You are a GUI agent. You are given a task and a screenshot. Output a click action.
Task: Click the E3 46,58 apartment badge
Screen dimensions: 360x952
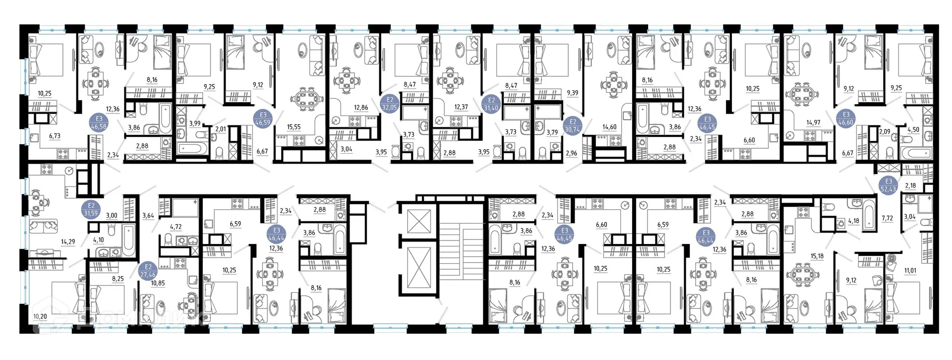pos(99,122)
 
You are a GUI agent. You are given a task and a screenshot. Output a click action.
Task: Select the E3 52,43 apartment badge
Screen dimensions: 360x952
pos(888,185)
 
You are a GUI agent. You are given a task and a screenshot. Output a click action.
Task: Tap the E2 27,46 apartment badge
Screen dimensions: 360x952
pos(148,271)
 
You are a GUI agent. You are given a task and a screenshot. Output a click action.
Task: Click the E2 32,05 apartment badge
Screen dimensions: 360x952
pos(389,104)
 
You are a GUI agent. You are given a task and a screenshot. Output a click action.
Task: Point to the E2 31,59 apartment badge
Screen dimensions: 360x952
pos(91,209)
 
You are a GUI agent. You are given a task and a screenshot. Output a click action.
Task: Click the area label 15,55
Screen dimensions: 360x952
pos(294,127)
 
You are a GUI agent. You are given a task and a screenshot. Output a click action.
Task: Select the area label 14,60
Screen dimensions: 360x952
pos(609,127)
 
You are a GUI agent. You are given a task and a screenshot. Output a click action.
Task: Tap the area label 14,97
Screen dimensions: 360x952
pos(813,122)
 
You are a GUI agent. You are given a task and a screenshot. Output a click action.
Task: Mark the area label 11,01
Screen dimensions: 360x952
pos(910,271)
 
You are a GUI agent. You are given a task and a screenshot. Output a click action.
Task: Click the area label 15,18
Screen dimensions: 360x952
pos(817,256)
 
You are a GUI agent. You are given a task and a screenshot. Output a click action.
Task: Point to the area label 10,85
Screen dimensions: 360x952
pos(158,283)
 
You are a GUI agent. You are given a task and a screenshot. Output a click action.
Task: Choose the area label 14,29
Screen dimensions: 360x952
pos(68,242)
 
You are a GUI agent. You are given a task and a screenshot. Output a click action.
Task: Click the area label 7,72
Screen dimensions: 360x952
pos(887,218)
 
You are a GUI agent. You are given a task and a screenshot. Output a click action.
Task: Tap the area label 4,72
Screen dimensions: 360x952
pos(176,227)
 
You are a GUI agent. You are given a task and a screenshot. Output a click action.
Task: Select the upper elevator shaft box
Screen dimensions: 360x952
pos(419,221)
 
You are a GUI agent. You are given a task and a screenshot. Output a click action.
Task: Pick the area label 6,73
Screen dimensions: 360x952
pos(55,136)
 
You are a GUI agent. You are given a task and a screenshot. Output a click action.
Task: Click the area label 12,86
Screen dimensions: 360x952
pos(360,108)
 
